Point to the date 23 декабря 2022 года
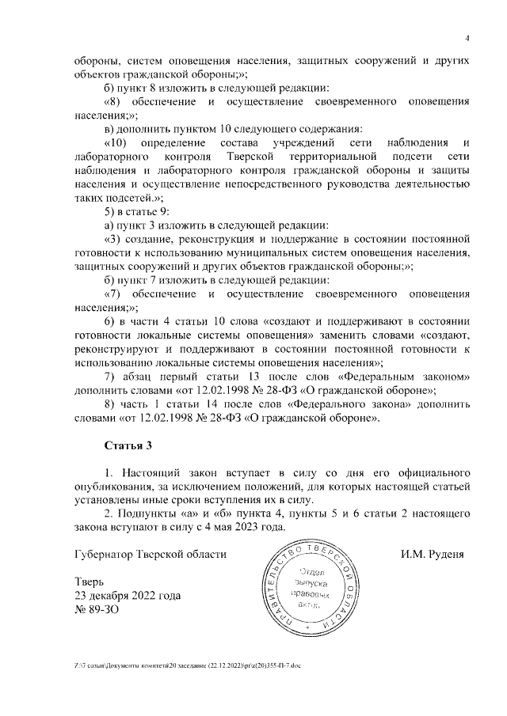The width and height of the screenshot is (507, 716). (127, 595)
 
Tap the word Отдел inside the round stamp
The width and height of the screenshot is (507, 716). (314, 572)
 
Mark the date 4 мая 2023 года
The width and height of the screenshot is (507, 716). (235, 527)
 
